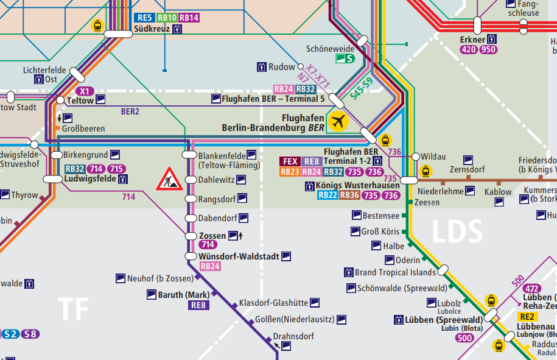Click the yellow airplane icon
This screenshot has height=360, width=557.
coord(338,121)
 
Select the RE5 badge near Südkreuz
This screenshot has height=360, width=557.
coord(144,18)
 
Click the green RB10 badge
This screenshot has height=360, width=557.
coord(167,18)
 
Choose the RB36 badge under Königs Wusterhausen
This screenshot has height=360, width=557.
coord(349,196)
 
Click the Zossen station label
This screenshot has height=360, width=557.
coord(212,236)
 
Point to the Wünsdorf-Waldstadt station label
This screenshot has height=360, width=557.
coord(239,256)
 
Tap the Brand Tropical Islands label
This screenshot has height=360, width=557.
coord(395,272)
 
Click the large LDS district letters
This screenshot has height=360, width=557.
coord(457,232)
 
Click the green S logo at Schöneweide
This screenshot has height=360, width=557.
coord(345,59)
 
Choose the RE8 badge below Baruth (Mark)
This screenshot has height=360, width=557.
coord(198,305)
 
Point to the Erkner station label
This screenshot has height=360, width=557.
coord(472,40)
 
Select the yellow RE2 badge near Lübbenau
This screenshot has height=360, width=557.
coord(527,317)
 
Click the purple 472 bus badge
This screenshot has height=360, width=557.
coord(531,288)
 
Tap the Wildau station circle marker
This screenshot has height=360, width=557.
coord(415,157)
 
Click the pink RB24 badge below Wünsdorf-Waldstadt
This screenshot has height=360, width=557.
coord(210,266)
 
